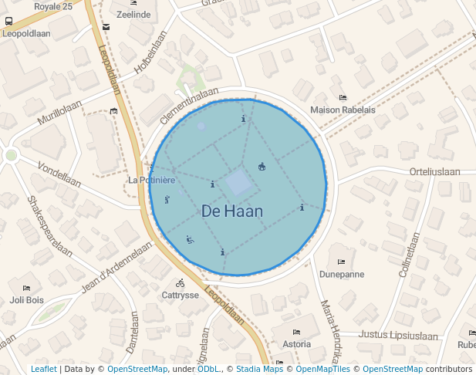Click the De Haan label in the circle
pyautogui.click(x=232, y=211)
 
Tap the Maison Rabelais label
pyautogui.click(x=343, y=110)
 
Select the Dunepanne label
pyautogui.click(x=342, y=274)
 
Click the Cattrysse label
pyautogui.click(x=181, y=295)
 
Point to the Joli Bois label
pyautogui.click(x=26, y=299)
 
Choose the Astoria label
pyautogui.click(x=297, y=343)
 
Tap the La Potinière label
pyautogui.click(x=151, y=180)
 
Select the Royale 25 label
pyautogui.click(x=53, y=6)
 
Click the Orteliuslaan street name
pyautogui.click(x=435, y=171)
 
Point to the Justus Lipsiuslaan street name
pyautogui.click(x=398, y=336)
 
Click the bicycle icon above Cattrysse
pyautogui.click(x=180, y=283)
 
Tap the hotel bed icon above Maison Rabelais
pyautogui.click(x=343, y=98)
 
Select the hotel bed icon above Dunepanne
pyautogui.click(x=341, y=262)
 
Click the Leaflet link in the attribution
pyautogui.click(x=43, y=370)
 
